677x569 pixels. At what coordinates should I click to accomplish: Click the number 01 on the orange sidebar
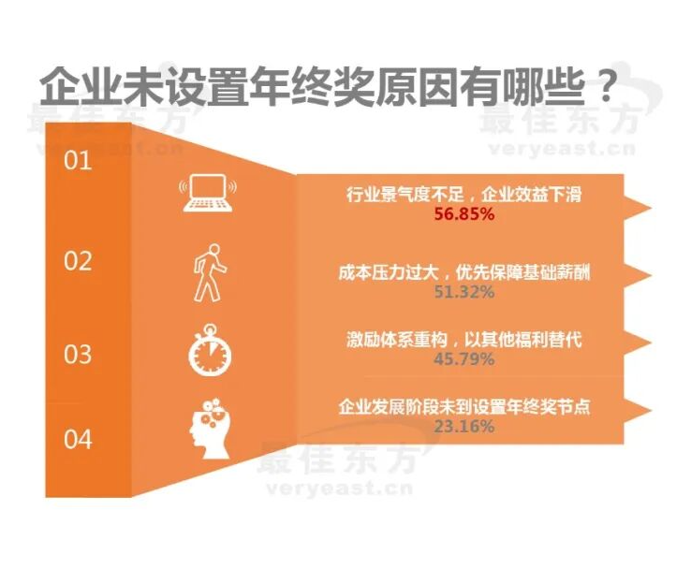pyautogui.click(x=78, y=161)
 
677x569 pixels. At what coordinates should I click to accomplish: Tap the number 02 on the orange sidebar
pyautogui.click(x=78, y=260)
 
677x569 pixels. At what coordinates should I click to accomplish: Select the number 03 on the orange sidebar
pyautogui.click(x=78, y=355)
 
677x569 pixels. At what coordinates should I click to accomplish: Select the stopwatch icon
pyautogui.click(x=208, y=349)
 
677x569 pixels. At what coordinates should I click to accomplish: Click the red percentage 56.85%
pyautogui.click(x=464, y=214)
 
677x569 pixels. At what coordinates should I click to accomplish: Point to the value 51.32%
pyautogui.click(x=464, y=291)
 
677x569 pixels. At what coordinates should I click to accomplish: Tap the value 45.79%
pyautogui.click(x=464, y=358)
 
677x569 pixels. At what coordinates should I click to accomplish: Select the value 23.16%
pyautogui.click(x=464, y=427)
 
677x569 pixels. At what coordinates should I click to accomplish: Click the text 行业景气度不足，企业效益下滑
pyautogui.click(x=464, y=196)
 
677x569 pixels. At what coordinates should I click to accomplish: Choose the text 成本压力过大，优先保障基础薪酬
pyautogui.click(x=464, y=272)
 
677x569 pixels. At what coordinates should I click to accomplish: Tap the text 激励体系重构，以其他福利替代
pyautogui.click(x=464, y=340)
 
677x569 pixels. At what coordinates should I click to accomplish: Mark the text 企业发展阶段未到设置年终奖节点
pyautogui.click(x=464, y=408)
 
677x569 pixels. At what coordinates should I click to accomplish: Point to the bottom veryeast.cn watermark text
pyautogui.click(x=339, y=487)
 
